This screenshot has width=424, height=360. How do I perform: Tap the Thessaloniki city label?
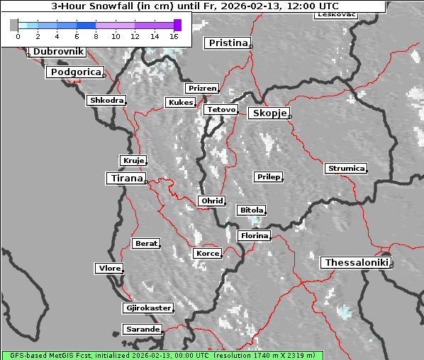tap(356, 263)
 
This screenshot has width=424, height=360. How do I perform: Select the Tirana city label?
tap(125, 179)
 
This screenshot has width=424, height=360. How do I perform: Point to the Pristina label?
tap(228, 43)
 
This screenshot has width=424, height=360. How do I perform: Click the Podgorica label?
tap(74, 72)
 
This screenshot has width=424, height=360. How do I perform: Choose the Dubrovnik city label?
tap(57, 52)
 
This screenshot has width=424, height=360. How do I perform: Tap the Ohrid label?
tap(211, 201)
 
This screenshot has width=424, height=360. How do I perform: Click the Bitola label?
tap(250, 210)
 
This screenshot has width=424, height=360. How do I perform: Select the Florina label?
tap(254, 235)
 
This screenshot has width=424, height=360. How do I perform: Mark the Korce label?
tap(206, 253)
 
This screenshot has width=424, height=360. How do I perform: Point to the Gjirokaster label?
tap(147, 308)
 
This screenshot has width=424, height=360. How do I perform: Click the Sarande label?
tap(142, 330)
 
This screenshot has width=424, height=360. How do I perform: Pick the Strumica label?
tap(345, 168)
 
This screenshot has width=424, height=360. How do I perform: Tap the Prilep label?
tap(268, 176)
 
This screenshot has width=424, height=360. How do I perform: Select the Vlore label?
tap(108, 268)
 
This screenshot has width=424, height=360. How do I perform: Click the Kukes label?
tap(179, 103)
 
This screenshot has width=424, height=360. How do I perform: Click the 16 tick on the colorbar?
tap(174, 35)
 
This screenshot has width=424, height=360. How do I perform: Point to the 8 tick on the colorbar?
tap(96, 35)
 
